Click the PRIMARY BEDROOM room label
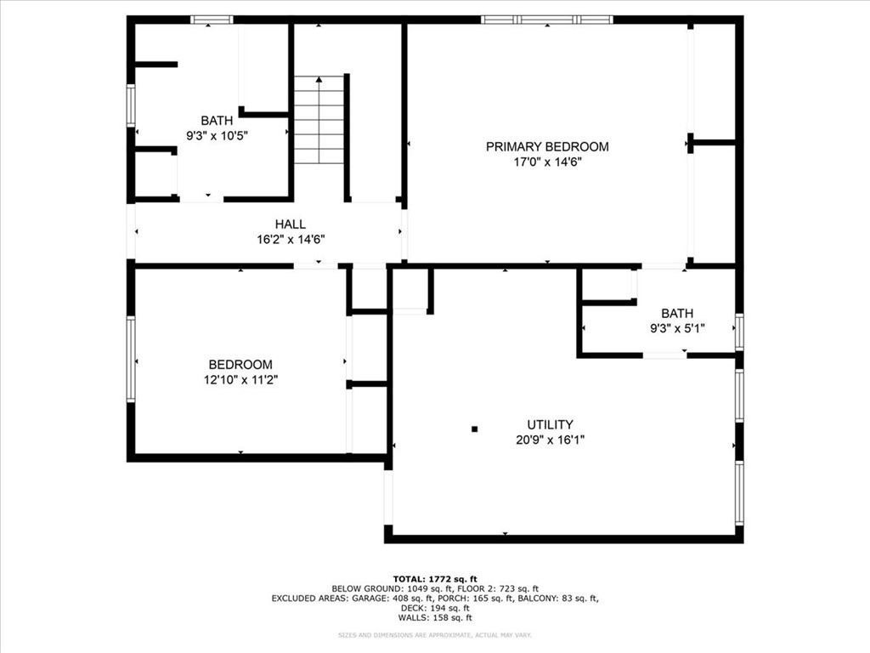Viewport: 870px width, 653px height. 547,146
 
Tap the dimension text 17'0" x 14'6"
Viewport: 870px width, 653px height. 547,162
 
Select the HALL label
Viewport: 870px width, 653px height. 291,224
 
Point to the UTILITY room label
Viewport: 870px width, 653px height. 550,424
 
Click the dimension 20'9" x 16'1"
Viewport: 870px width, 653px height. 550,440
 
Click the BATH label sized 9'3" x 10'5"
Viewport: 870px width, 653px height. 217,121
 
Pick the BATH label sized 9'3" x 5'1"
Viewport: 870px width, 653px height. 677,313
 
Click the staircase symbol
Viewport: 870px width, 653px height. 319,120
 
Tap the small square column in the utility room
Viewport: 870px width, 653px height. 476,429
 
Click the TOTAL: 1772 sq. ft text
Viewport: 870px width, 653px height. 434,578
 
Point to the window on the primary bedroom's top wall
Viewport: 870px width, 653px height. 546,19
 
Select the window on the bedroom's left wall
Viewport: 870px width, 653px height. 131,359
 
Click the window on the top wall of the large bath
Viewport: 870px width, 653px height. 212,19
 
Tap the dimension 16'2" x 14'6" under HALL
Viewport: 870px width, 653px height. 291,239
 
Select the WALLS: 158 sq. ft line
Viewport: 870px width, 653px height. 434,618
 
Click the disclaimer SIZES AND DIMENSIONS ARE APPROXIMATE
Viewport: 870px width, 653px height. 434,635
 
